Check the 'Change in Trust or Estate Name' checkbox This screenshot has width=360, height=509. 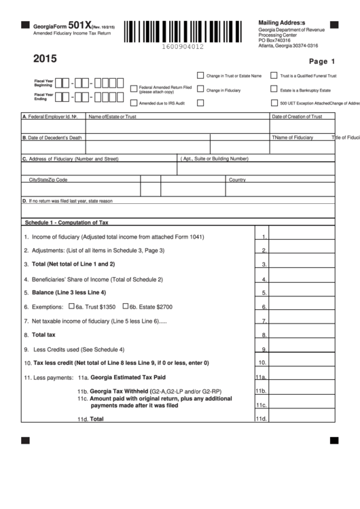click(x=200, y=75)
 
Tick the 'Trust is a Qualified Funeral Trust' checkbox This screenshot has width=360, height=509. click(x=274, y=75)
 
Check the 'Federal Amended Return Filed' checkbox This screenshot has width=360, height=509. click(x=132, y=88)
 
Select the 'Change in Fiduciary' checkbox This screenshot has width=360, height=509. click(x=200, y=89)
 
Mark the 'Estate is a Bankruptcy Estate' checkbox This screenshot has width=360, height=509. click(x=274, y=89)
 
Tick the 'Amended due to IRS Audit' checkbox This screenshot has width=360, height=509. click(x=132, y=103)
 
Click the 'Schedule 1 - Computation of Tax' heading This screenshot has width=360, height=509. click(x=66, y=222)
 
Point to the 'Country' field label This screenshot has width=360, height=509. click(x=237, y=179)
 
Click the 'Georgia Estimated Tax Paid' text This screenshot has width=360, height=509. click(x=128, y=376)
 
